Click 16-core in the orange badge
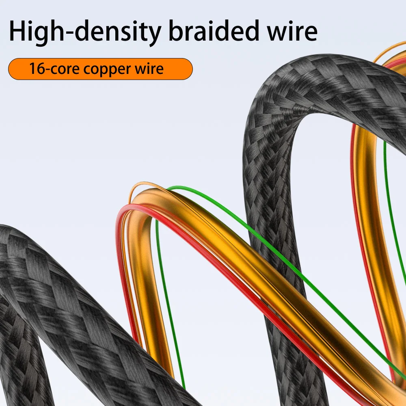pos(54,69)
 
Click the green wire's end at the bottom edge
pos(183,386)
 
